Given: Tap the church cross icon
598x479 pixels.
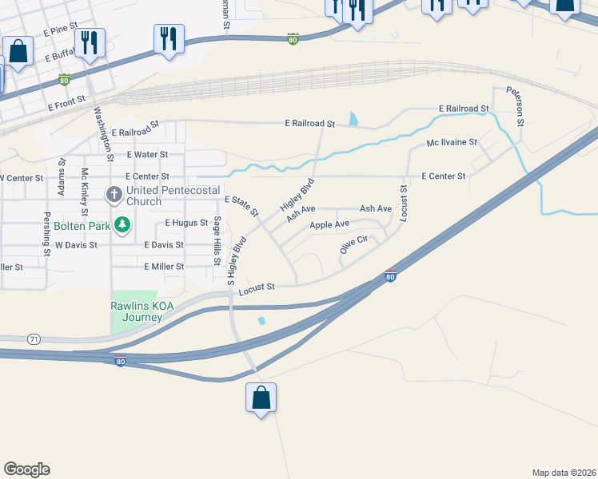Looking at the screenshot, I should pyautogui.click(x=114, y=194).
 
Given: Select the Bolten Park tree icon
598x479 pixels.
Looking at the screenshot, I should pyautogui.click(x=122, y=225).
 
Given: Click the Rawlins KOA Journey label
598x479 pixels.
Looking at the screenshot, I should pyautogui.click(x=136, y=311).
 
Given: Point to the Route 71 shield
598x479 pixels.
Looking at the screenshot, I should pyautogui.click(x=33, y=338).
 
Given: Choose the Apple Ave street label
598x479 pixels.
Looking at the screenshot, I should pyautogui.click(x=329, y=225).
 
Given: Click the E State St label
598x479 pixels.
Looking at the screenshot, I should pyautogui.click(x=241, y=206).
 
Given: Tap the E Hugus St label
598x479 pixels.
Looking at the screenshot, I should pyautogui.click(x=186, y=224).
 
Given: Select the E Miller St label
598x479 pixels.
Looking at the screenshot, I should pyautogui.click(x=164, y=267).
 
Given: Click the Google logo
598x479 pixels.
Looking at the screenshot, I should pyautogui.click(x=26, y=469).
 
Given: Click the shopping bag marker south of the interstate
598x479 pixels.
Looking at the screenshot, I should pyautogui.click(x=261, y=398).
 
